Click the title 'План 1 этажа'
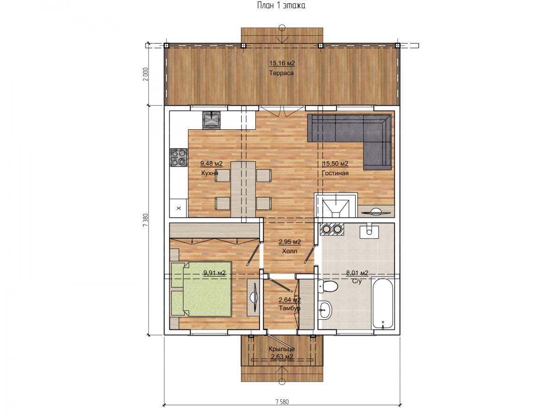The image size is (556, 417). [281, 5]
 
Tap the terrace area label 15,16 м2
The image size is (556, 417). [282, 63]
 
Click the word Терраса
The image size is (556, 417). [281, 73]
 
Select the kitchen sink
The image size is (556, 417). [211, 120]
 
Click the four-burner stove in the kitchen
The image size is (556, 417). [179, 157]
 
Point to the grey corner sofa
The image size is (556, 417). [349, 142]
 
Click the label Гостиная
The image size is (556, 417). [335, 173]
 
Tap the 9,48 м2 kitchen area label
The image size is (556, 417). [211, 164]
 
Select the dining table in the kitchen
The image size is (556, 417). [243, 190]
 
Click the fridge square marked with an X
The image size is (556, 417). [178, 208]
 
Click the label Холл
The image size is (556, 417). [290, 251]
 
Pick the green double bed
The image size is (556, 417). [202, 290]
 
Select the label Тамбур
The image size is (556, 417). [290, 308]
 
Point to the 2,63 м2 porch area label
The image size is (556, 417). [282, 357]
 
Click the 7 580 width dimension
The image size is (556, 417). [282, 402]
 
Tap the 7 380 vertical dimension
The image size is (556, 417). [145, 220]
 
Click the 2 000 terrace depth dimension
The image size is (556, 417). [145, 74]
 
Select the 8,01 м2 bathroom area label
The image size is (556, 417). [357, 273]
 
